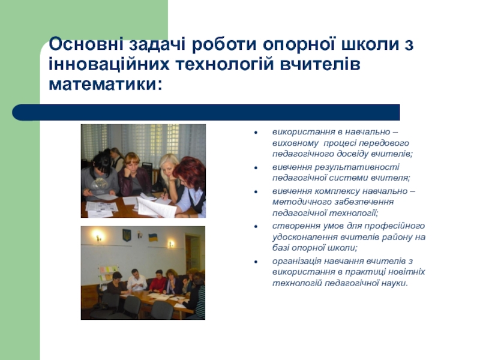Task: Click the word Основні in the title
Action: pyautogui.click(x=86, y=44)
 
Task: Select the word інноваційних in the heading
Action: pyautogui.click(x=109, y=64)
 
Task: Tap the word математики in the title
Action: pyautogui.click(x=103, y=84)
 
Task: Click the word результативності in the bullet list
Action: pyautogui.click(x=357, y=167)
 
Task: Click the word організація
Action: pyautogui.click(x=296, y=261)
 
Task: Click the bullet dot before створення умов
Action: pyautogui.click(x=256, y=227)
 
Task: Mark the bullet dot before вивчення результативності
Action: pyautogui.click(x=256, y=168)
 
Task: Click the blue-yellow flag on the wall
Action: pyautogui.click(x=153, y=237)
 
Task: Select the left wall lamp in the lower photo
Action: pyautogui.click(x=98, y=236)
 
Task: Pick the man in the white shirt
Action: pyautogui.click(x=136, y=280)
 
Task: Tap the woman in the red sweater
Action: pyautogui.click(x=158, y=282)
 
